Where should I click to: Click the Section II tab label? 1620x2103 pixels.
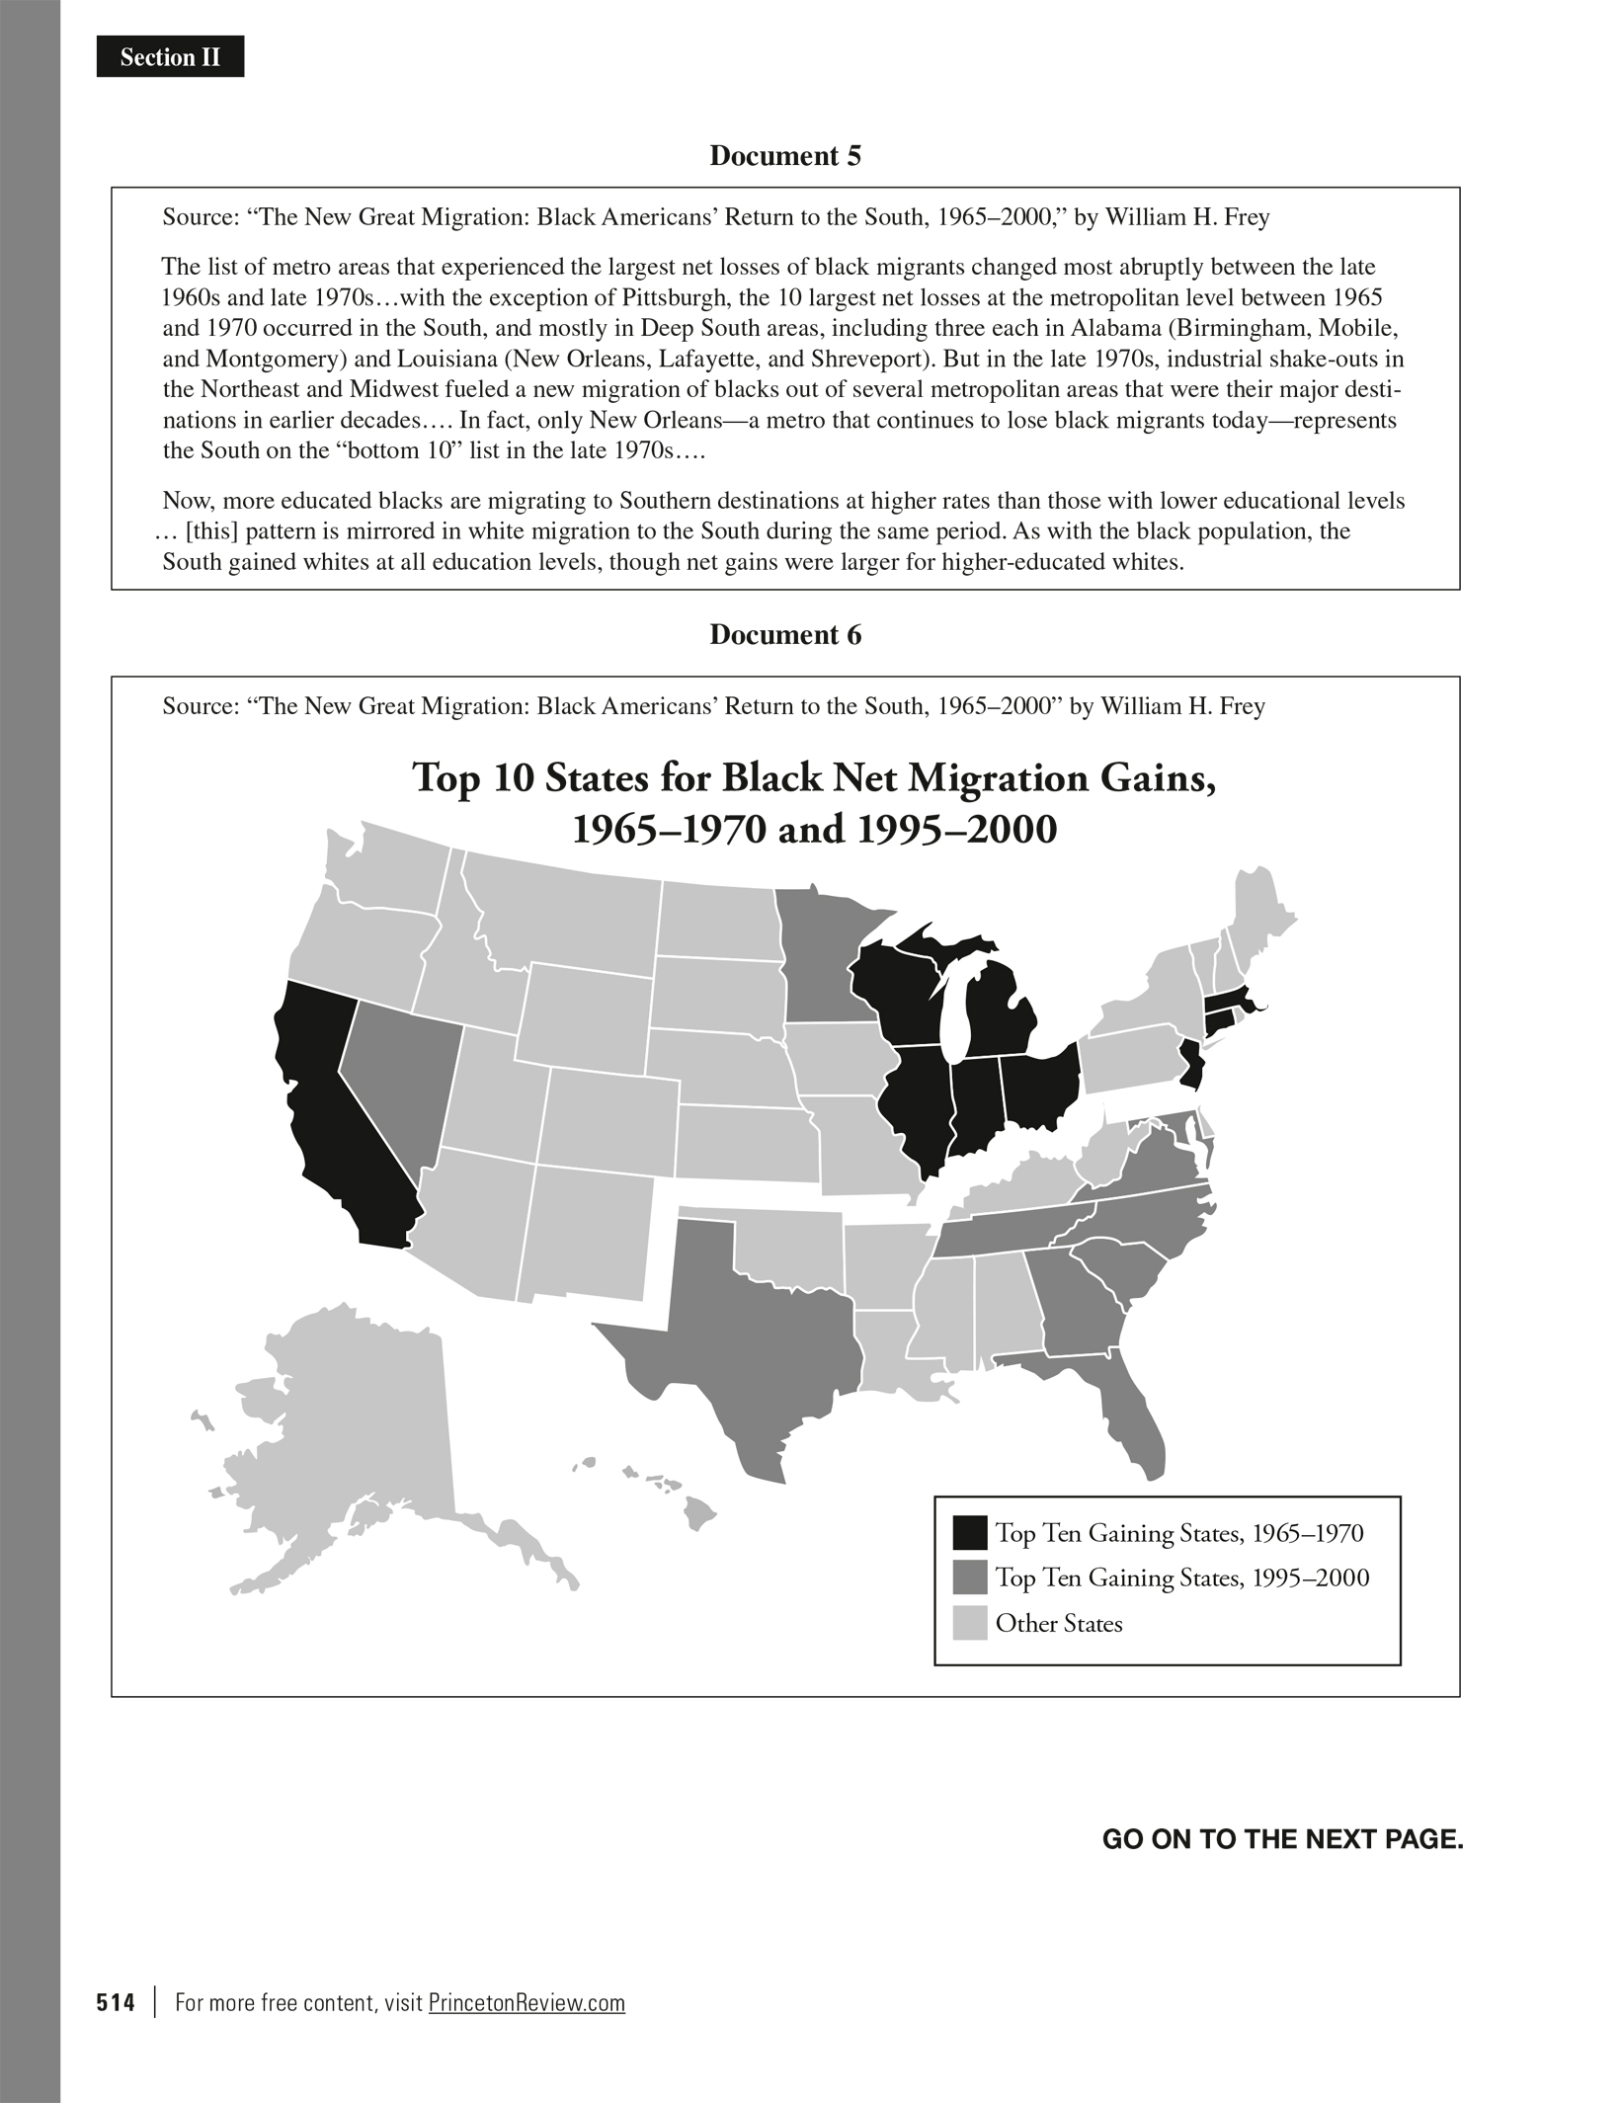coord(170,57)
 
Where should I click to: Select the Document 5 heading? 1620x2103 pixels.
coord(785,156)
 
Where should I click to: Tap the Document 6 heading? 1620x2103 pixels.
coord(785,635)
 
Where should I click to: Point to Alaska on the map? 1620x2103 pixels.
coord(356,1422)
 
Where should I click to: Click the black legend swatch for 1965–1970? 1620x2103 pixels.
coord(969,1532)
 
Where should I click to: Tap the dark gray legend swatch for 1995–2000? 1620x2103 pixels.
coord(969,1577)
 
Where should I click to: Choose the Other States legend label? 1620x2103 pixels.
coord(1059,1624)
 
